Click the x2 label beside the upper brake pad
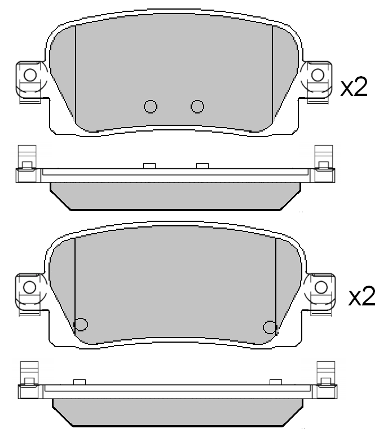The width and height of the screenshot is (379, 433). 354,88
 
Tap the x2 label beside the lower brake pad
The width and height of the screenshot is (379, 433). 362,296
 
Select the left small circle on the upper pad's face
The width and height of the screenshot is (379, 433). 150,106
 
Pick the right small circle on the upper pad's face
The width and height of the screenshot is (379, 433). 196,106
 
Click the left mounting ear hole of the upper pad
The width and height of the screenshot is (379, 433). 29,75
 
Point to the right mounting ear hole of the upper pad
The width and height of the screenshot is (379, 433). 318,75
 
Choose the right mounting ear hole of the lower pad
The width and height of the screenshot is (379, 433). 321,286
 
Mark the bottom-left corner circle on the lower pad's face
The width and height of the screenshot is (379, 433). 81,324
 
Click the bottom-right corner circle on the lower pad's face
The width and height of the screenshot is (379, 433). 270,326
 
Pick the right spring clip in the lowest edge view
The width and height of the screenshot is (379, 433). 325,374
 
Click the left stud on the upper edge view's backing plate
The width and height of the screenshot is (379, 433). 149,165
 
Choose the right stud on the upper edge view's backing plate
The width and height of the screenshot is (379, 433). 202,165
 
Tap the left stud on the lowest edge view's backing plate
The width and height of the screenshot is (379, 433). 79,382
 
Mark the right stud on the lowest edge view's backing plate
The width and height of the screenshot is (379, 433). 275,382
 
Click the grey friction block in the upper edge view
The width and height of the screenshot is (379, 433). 174,195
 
